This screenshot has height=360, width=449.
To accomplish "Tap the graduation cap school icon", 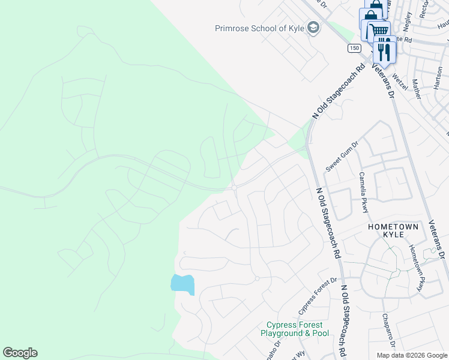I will tap(313, 28).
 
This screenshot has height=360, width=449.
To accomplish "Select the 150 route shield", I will tap(355, 47).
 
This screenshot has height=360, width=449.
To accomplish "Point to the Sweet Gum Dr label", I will tap(342, 156).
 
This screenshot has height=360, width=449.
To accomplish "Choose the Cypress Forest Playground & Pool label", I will tap(294, 329).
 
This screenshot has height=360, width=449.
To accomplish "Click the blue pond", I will tap(182, 283).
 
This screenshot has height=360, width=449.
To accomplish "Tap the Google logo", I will tap(20, 353).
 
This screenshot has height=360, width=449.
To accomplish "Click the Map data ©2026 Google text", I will tap(411, 355).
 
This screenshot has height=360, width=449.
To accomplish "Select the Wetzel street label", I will tap(399, 81).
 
